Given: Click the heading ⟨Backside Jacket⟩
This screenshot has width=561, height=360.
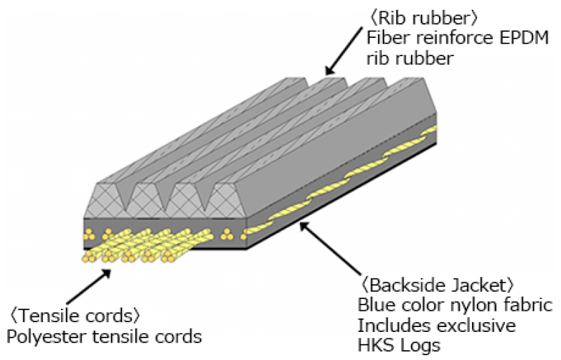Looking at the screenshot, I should (438, 286).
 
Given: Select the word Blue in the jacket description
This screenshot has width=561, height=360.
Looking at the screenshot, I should (374, 306).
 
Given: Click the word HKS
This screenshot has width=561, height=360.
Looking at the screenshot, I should (375, 346).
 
